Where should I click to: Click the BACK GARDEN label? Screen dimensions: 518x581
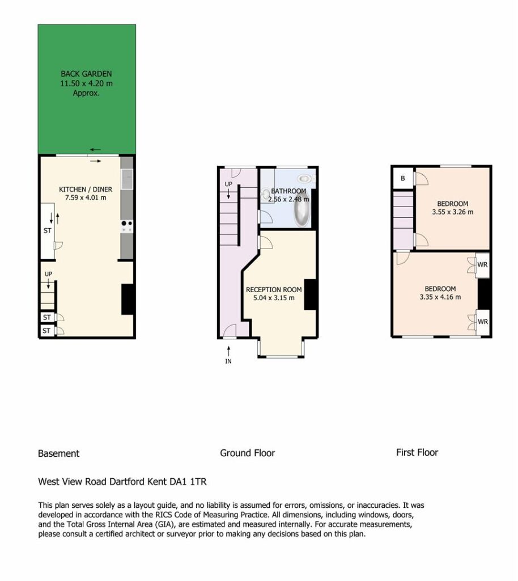tap(86, 74)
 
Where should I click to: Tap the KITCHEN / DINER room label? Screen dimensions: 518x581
tap(86, 190)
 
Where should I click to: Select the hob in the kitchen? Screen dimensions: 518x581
tap(127, 226)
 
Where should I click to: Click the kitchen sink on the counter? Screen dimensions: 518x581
tap(127, 179)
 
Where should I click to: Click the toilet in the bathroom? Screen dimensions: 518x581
tap(306, 179)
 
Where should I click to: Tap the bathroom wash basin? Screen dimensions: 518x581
tap(266, 193)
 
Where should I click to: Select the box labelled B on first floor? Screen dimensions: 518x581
tap(403, 178)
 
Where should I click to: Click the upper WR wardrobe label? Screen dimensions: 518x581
tap(482, 265)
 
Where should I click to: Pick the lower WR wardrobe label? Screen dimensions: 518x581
tap(482, 322)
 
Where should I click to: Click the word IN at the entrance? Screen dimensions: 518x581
tap(228, 361)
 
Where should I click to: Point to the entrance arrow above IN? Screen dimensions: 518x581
tap(228, 351)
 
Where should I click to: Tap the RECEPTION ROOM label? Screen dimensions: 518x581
tap(274, 290)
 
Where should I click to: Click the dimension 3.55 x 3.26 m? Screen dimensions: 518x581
tap(452, 212)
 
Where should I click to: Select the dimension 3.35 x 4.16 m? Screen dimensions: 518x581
tap(440, 297)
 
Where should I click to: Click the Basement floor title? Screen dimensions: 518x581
tap(58, 453)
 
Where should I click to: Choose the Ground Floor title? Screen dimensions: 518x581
tap(247, 453)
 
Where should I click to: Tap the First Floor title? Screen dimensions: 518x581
tap(417, 452)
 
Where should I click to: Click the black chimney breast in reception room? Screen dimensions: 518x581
tap(310, 294)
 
